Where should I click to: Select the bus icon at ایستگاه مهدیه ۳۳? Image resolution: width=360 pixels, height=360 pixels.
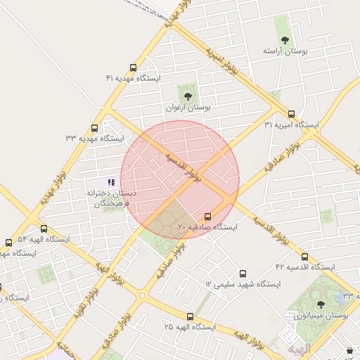(x=94, y=128)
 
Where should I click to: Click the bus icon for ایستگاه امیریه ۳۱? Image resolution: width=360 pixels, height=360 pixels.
(x=291, y=114)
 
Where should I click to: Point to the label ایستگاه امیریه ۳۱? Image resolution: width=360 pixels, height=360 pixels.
(x=291, y=125)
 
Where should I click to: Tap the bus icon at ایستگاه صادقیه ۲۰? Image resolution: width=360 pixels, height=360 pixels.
(x=207, y=217)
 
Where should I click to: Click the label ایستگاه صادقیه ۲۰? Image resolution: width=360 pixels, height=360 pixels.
(x=207, y=228)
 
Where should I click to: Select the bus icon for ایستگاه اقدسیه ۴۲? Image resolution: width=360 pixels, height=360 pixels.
(x=304, y=257)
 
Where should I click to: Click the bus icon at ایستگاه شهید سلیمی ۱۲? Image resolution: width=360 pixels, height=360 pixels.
(x=243, y=274)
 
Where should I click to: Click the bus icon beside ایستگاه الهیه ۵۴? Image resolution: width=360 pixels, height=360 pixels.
(x=44, y=229)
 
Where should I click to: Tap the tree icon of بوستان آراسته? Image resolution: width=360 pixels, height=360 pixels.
(x=285, y=40)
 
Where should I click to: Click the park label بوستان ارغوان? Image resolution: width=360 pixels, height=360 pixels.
(x=188, y=108)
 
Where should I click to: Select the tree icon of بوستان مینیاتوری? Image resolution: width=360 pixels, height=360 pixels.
(x=321, y=304)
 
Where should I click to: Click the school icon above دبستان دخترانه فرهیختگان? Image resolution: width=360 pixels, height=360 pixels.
(x=110, y=182)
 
